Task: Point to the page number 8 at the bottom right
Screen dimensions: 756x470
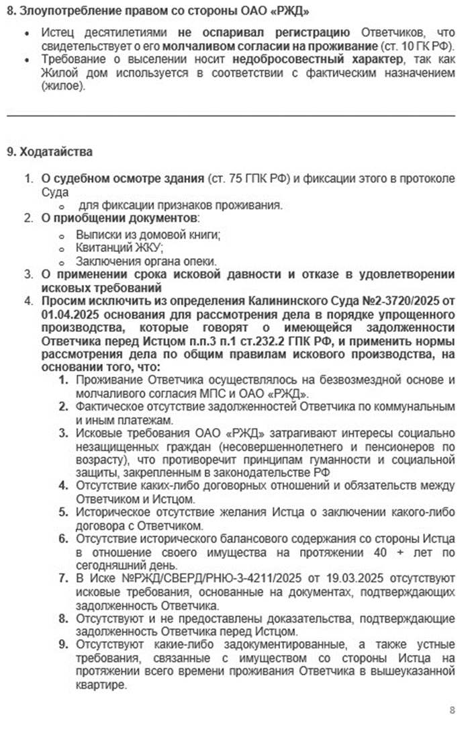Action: (452, 710)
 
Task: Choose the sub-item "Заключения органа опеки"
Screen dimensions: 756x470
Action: (146, 261)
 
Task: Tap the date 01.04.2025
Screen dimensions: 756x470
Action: (68, 313)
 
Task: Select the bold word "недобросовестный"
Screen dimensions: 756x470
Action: (214, 60)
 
